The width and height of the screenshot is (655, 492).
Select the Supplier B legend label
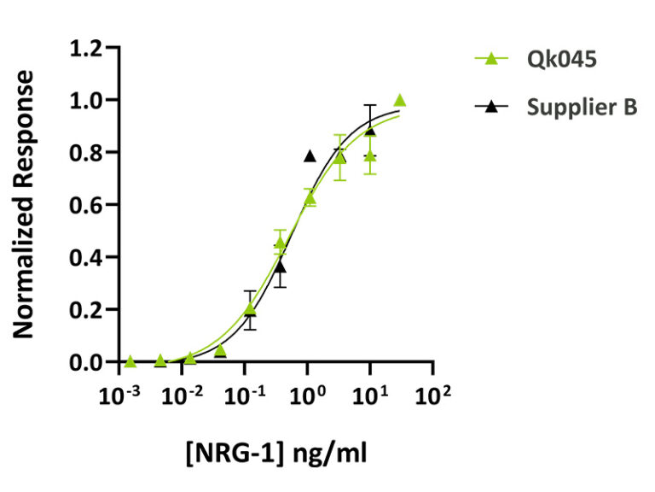[x=582, y=108]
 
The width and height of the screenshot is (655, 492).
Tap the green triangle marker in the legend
[x=490, y=59]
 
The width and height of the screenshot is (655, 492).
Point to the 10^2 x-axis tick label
[x=433, y=395]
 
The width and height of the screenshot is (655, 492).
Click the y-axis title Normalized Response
[x=26, y=205]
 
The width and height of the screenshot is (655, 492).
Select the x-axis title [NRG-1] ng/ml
[x=277, y=452]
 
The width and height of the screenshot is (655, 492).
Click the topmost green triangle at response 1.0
[x=399, y=101]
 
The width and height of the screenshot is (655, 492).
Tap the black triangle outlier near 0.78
[x=310, y=156]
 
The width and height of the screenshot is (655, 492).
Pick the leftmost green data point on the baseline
[x=130, y=361]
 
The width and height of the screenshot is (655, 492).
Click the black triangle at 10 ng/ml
[x=370, y=130]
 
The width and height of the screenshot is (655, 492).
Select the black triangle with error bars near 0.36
[x=280, y=267]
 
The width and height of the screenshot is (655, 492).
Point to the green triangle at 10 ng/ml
[x=370, y=156]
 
